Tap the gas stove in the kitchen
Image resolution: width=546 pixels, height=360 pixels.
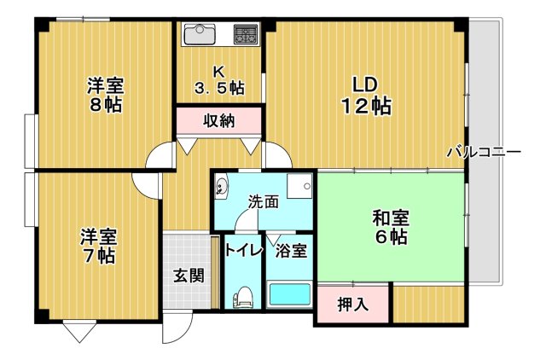[247, 35]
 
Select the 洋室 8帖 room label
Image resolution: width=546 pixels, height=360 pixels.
[106, 95]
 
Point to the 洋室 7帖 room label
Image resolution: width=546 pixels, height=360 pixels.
[98, 245]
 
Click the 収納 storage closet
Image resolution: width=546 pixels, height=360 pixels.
[218, 120]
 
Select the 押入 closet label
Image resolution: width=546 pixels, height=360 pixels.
[352, 303]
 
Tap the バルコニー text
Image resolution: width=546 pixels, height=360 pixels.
[483, 153]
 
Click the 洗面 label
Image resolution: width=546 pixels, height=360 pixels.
[264, 202]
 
